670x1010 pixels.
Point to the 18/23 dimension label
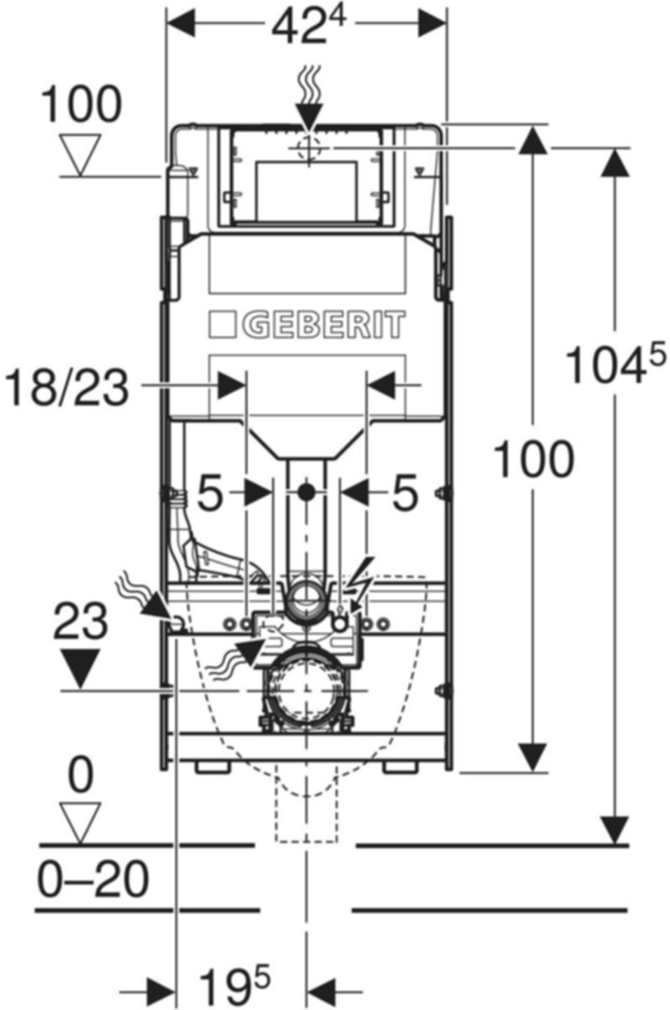pos(67,387)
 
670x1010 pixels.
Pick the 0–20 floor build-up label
pos(93,879)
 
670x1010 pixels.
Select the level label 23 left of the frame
pos(81,621)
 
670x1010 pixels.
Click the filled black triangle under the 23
pos(81,668)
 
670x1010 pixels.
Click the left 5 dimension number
pos(210,492)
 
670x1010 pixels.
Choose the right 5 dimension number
pos(404,492)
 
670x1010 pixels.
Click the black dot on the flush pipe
pos(305,492)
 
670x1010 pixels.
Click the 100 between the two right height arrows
pos(534,460)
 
